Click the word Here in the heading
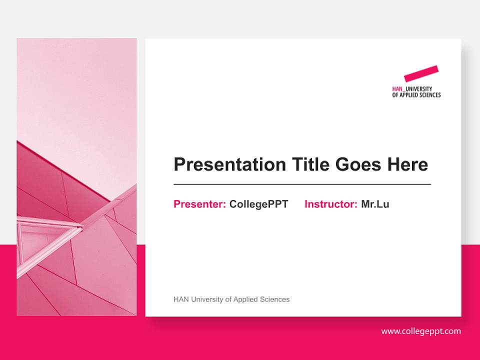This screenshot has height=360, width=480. tap(407, 164)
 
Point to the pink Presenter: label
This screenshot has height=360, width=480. tap(199, 204)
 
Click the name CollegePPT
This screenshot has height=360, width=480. tap(258, 204)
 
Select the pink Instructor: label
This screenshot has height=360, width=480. tap(330, 204)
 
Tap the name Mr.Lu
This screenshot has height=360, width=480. tap(375, 204)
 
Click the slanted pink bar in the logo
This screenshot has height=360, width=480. tap(421, 73)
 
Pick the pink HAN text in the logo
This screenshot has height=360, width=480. tap(397, 89)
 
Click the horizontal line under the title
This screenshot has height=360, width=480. tap(302, 184)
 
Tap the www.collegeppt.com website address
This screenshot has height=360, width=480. tap(421, 331)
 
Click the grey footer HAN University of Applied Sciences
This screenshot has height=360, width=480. tap(231, 299)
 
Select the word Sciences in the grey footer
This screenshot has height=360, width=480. tap(274, 299)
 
